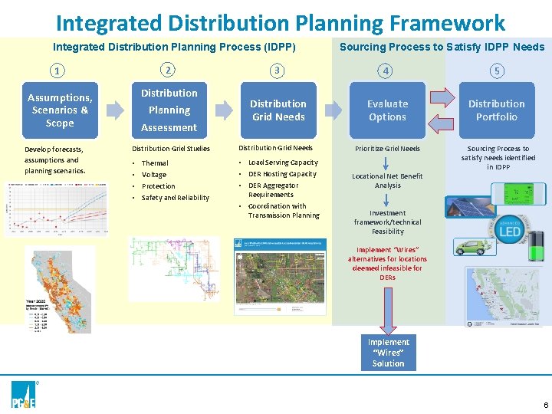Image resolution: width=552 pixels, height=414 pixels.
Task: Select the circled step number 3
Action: point(278,71)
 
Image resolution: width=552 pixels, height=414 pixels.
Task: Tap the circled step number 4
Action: point(387,71)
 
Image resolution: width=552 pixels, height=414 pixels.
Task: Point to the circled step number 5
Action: point(497,71)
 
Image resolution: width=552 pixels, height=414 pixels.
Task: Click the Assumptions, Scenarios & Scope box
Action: point(60,110)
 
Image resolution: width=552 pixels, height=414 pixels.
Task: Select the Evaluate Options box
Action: point(387,110)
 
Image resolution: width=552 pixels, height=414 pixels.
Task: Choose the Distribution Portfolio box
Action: point(497,110)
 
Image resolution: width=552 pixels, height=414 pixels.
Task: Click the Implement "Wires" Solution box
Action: point(388,353)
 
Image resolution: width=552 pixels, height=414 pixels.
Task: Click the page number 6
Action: point(545,404)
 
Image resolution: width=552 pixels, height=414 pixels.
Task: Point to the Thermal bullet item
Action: point(155,163)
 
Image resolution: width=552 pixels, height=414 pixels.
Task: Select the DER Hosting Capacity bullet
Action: point(282,174)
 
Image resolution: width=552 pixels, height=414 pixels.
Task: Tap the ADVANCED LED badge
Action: point(511,229)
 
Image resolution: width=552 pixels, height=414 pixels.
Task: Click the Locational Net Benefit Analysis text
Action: point(387,181)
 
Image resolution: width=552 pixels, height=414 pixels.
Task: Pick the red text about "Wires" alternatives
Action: point(387,264)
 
